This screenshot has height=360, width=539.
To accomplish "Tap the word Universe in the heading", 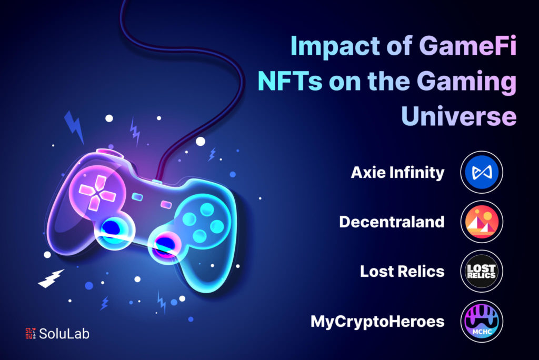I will [458, 117].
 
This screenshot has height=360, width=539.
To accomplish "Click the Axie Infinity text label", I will [397, 173].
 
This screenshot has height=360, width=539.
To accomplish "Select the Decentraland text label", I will [392, 222].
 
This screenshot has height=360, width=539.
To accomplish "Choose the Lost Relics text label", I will [402, 272].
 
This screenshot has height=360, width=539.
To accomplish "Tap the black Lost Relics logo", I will [481, 272].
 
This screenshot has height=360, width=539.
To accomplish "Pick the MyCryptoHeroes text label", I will [377, 321].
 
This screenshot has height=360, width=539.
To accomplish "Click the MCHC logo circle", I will [481, 321].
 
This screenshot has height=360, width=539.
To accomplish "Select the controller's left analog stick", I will [113, 229].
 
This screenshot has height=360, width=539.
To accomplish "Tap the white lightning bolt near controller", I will [51, 278].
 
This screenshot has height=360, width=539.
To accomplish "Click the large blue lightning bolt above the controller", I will [74, 127].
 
